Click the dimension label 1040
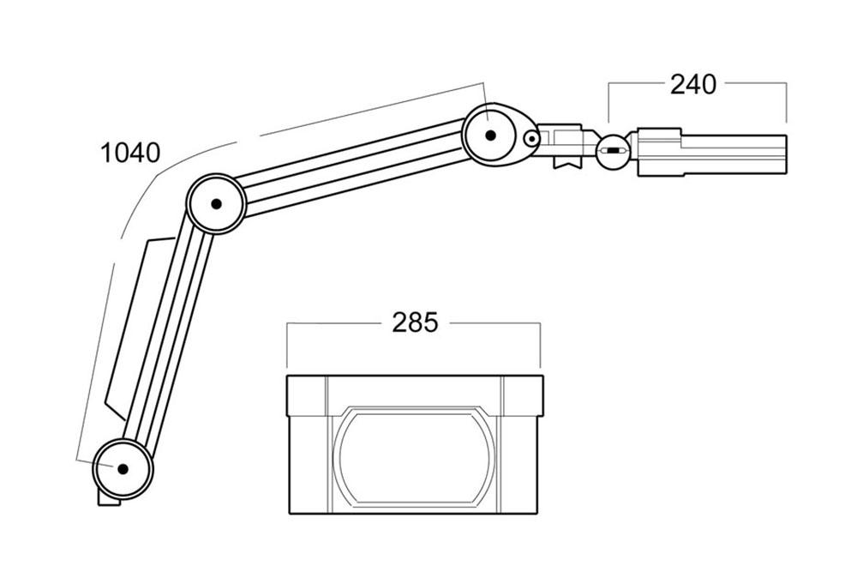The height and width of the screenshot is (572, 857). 130,154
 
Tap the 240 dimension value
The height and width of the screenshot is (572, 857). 693,85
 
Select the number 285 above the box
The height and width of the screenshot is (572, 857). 415,323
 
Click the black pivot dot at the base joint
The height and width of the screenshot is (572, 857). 123,468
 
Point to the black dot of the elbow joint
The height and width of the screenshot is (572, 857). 216,204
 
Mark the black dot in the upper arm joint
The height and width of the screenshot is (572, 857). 490,135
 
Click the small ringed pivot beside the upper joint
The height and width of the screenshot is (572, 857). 530,139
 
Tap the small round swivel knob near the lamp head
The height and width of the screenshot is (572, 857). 613,151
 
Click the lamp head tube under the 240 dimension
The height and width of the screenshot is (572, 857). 733,154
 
